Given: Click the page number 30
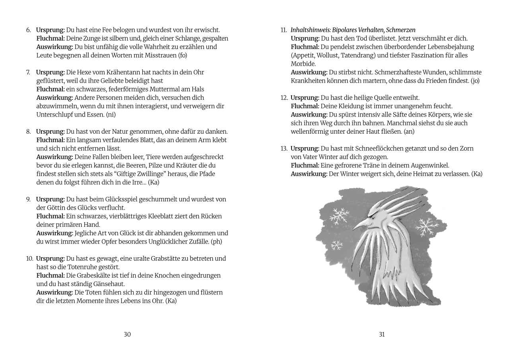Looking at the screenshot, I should (x=127, y=335).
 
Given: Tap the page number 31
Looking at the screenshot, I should (x=382, y=335).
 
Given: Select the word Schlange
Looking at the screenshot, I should (x=188, y=39).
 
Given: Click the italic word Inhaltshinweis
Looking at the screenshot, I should (x=311, y=30).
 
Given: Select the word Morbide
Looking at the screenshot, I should (x=303, y=64).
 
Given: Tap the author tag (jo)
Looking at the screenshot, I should (x=475, y=81).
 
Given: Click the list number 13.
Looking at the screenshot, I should (x=284, y=148).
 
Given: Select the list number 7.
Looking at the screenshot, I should (x=28, y=72).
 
